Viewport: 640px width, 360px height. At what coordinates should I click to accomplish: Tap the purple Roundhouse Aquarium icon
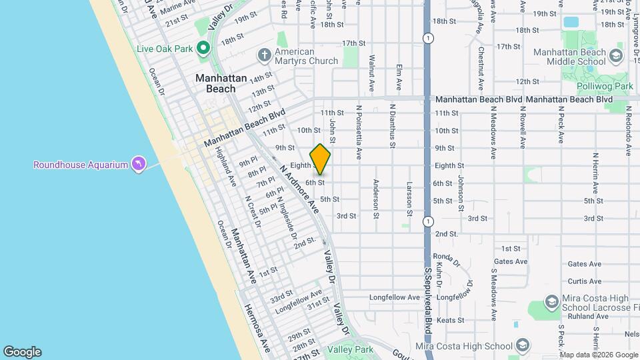[138, 164]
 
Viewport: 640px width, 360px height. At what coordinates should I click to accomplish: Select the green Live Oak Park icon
[203, 48]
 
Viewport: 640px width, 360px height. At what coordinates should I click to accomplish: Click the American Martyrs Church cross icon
[264, 54]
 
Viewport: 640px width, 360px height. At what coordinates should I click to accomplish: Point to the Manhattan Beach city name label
[215, 83]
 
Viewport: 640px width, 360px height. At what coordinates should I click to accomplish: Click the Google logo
[22, 352]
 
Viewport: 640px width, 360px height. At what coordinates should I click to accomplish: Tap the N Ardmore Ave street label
[299, 189]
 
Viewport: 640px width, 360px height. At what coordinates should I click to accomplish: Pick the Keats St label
[450, 321]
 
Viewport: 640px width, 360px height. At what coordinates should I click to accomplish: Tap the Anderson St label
[377, 199]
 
